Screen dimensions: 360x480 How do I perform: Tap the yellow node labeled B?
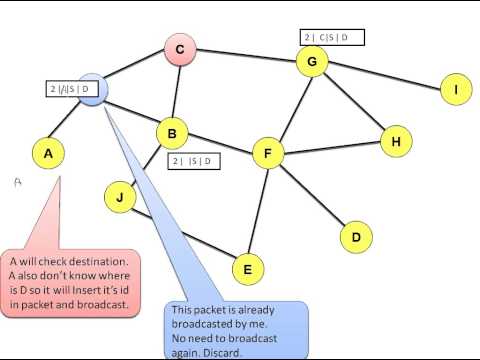(172, 132)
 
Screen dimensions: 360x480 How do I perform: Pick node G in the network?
(312, 63)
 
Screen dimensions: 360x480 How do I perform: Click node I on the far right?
(456, 90)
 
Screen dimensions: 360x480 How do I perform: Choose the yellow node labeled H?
(396, 141)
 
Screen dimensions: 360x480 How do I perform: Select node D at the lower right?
(355, 237)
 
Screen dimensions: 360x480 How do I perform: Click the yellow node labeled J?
(120, 197)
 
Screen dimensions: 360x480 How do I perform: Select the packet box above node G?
(332, 38)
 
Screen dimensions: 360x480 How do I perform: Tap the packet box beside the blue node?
(72, 89)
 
